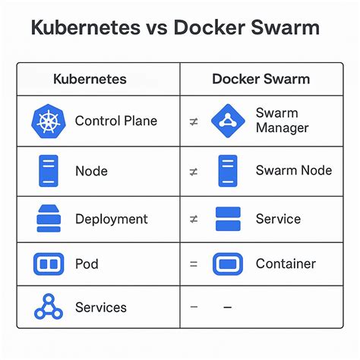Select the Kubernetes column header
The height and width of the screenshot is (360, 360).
pos(90,79)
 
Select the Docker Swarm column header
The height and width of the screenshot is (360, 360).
pos(261,79)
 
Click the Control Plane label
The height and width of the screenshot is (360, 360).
pos(116,122)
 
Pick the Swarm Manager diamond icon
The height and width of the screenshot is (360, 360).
pos(227,120)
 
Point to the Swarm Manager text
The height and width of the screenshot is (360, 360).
pos(282,120)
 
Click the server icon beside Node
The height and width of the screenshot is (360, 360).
pos(49,170)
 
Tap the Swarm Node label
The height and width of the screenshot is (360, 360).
pos(293,170)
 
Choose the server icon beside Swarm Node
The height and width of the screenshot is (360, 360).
pos(227,170)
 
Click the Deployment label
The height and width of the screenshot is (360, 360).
pos(112,219)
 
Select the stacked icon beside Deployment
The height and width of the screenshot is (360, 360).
pos(49,219)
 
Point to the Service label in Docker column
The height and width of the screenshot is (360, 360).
pos(278,219)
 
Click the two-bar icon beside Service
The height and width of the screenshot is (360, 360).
pos(228,219)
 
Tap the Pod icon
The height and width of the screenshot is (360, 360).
pos(49,264)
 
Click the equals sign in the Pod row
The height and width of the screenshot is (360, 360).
pos(193,264)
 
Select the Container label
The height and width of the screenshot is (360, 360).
pos(286,264)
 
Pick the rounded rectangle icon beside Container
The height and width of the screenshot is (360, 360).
pos(228,264)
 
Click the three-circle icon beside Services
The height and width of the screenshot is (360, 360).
pos(48,307)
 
